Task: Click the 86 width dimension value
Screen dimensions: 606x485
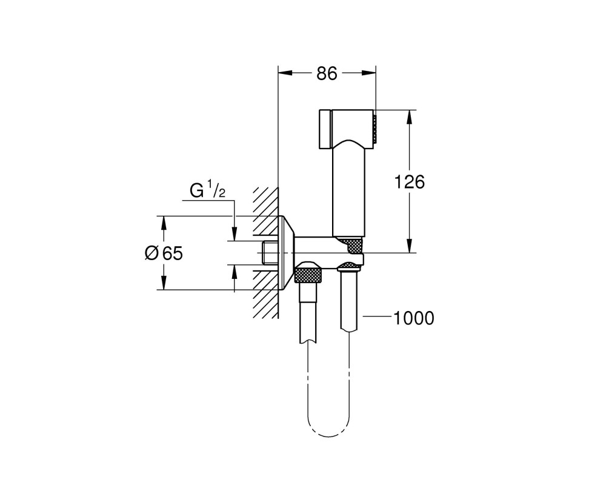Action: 327,73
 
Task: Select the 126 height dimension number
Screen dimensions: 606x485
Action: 409,182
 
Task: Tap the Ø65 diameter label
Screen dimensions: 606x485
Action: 164,253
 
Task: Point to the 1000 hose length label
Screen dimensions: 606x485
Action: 413,318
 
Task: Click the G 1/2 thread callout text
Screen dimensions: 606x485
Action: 207,191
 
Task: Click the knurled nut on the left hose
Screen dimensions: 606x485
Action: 308,273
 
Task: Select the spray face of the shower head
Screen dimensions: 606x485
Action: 374,129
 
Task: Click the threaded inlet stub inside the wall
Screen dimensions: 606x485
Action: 270,253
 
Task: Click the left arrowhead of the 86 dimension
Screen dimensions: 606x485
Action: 285,73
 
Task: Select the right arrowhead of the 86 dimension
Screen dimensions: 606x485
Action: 369,73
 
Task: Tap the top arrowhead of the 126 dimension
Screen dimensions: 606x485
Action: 410,117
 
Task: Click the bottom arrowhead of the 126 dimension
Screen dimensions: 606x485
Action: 410,246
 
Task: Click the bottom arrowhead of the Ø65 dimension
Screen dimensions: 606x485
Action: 164,283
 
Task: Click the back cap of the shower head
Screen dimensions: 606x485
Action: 325,129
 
